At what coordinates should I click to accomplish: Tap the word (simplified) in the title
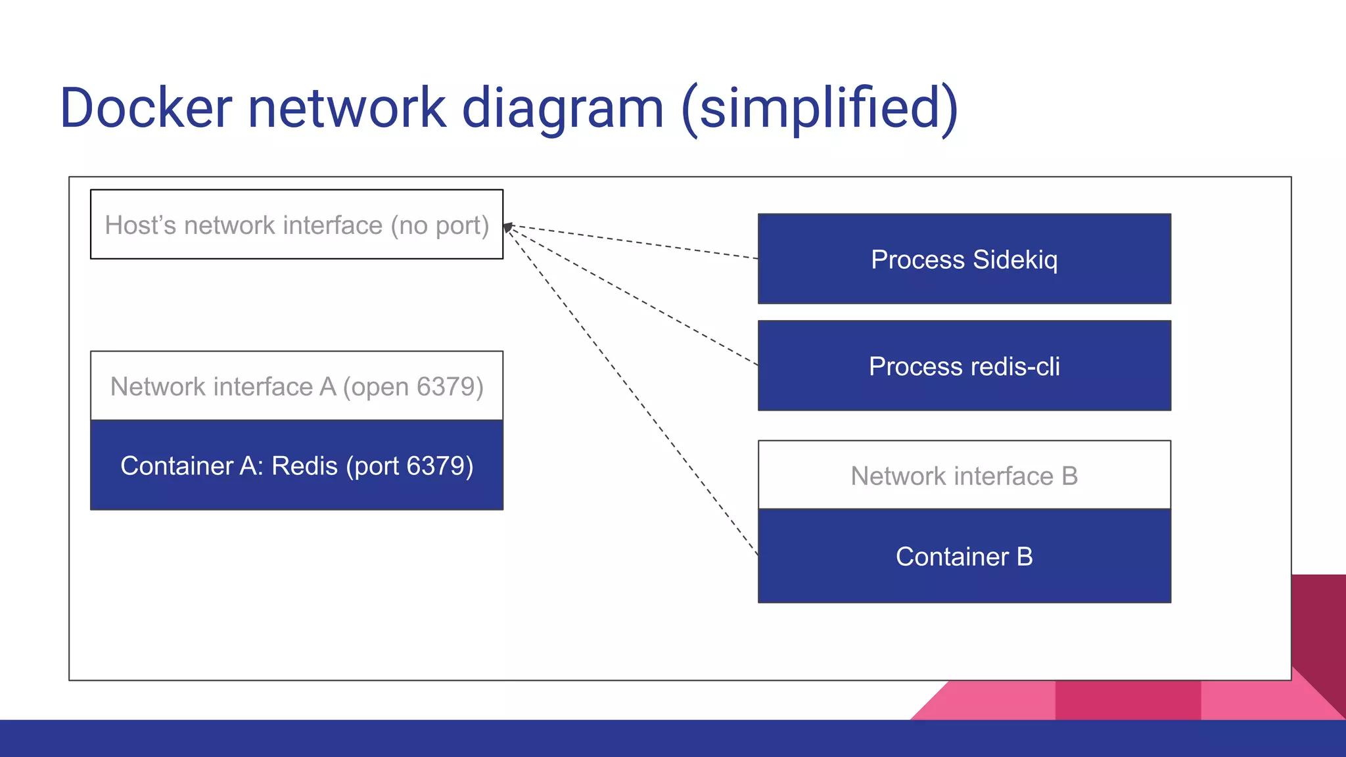(x=820, y=108)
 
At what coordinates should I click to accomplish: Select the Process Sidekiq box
(x=964, y=259)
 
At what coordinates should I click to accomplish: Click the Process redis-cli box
(x=964, y=366)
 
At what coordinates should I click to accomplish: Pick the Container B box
(x=964, y=557)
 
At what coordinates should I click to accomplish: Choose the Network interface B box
(x=964, y=476)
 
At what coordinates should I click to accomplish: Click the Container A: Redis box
(x=296, y=465)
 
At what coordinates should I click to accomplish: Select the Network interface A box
(x=296, y=386)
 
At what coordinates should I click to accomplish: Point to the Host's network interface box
(x=296, y=225)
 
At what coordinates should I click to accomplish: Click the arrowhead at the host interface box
(x=507, y=227)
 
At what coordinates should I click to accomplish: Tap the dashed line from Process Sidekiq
(x=631, y=242)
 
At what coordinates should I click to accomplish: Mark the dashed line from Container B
(x=631, y=390)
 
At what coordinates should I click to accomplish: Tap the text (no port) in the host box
(x=440, y=225)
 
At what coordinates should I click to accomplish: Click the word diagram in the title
(x=563, y=108)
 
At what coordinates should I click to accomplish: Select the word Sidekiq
(x=1015, y=260)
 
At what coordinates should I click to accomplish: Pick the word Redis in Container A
(x=304, y=465)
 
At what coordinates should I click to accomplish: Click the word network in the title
(x=347, y=108)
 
